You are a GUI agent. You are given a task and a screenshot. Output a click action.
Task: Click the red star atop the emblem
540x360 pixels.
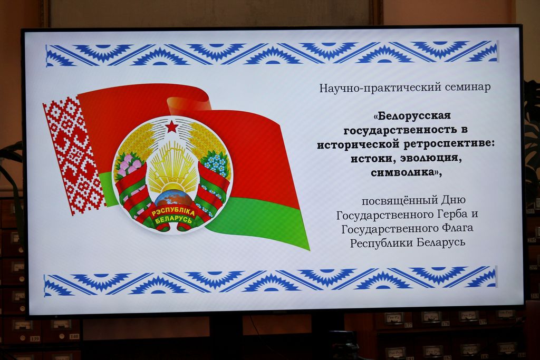coord(172,128)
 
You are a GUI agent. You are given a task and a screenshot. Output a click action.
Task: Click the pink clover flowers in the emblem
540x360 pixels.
coord(128,164)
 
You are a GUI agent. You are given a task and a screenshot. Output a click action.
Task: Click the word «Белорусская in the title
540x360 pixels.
coord(411,115)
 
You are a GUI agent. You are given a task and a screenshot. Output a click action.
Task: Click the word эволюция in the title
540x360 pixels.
coord(428,159)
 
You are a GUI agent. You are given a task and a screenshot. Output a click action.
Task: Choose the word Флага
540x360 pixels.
coord(454,229)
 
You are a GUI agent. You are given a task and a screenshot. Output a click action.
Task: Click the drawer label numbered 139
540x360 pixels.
coord(34,339)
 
